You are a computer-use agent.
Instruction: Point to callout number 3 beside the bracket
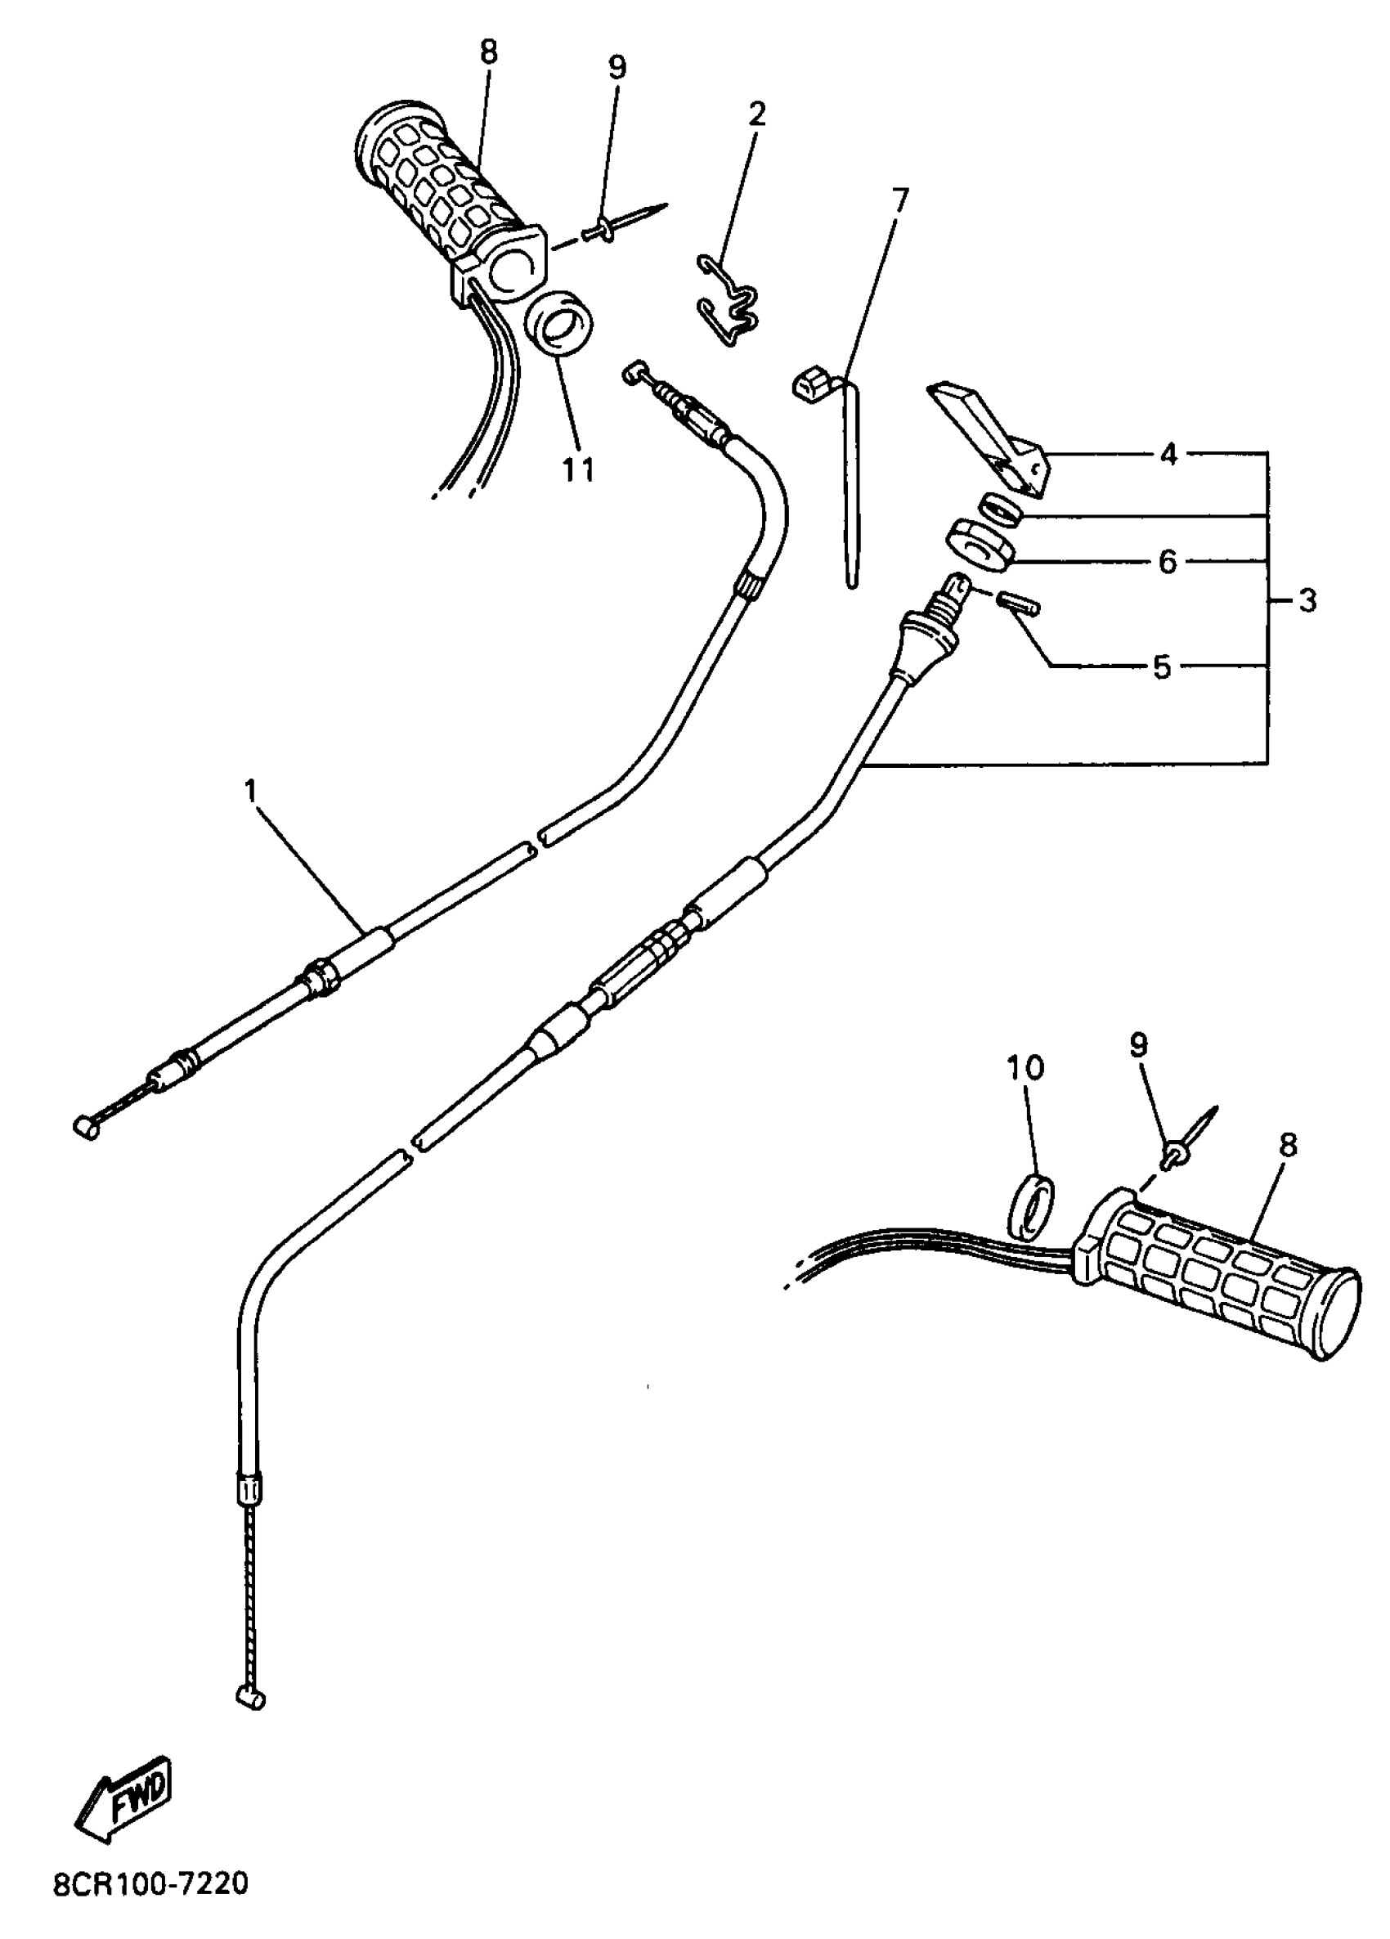click(1307, 601)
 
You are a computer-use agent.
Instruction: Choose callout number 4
click(1168, 455)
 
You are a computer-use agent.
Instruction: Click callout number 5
click(1162, 667)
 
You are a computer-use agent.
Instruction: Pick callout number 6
click(1168, 562)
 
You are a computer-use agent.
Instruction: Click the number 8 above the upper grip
click(487, 53)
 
